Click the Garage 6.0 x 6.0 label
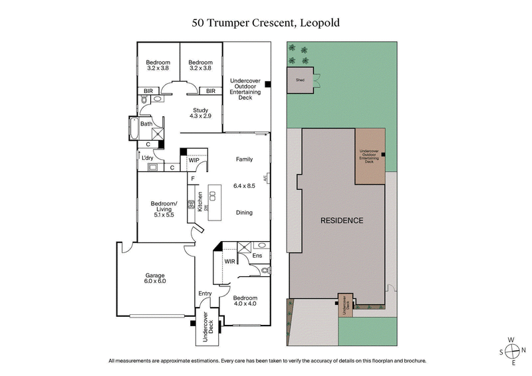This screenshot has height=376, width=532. click(156, 278)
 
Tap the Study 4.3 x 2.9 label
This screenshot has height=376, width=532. click(201, 114)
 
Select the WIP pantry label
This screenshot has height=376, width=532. click(194, 160)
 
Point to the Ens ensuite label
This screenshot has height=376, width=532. click(258, 256)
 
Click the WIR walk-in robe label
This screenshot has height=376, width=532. click(230, 262)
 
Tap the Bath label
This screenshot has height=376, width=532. click(146, 124)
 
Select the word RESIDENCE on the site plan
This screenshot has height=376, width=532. click(342, 221)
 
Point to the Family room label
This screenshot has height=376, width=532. click(245, 159)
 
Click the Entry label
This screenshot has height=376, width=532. click(205, 294)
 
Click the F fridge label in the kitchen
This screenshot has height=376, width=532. click(192, 179)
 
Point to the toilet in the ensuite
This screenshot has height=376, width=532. click(265, 270)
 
